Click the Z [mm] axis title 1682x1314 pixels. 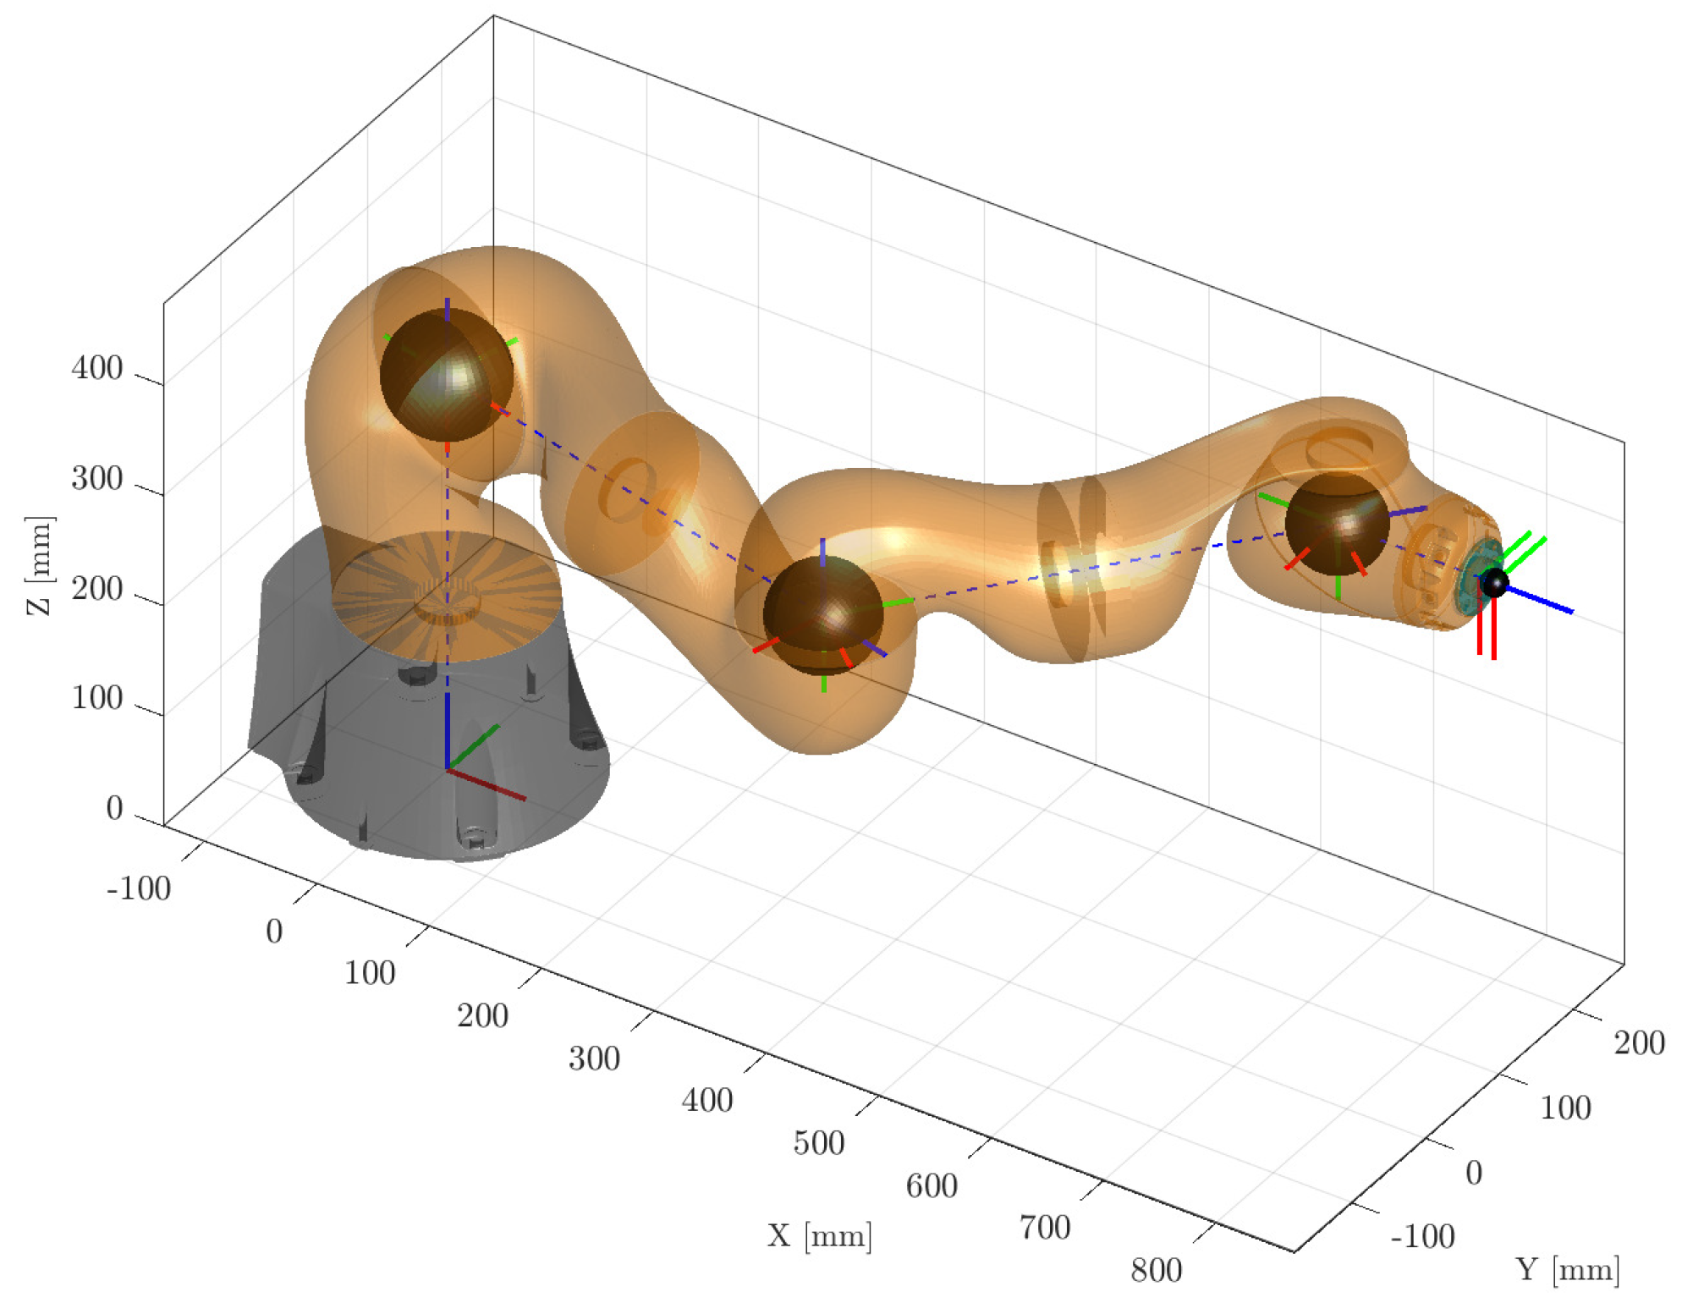pos(40,564)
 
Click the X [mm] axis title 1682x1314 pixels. pos(819,1236)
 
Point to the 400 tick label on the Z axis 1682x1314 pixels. pos(97,368)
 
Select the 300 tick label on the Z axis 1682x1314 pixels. pos(97,478)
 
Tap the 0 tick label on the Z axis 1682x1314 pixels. pos(114,808)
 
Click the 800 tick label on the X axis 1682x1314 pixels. pos(1157,1269)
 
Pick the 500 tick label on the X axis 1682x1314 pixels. pos(819,1142)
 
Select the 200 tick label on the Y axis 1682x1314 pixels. pos(1640,1042)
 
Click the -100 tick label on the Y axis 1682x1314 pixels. pos(1423,1236)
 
